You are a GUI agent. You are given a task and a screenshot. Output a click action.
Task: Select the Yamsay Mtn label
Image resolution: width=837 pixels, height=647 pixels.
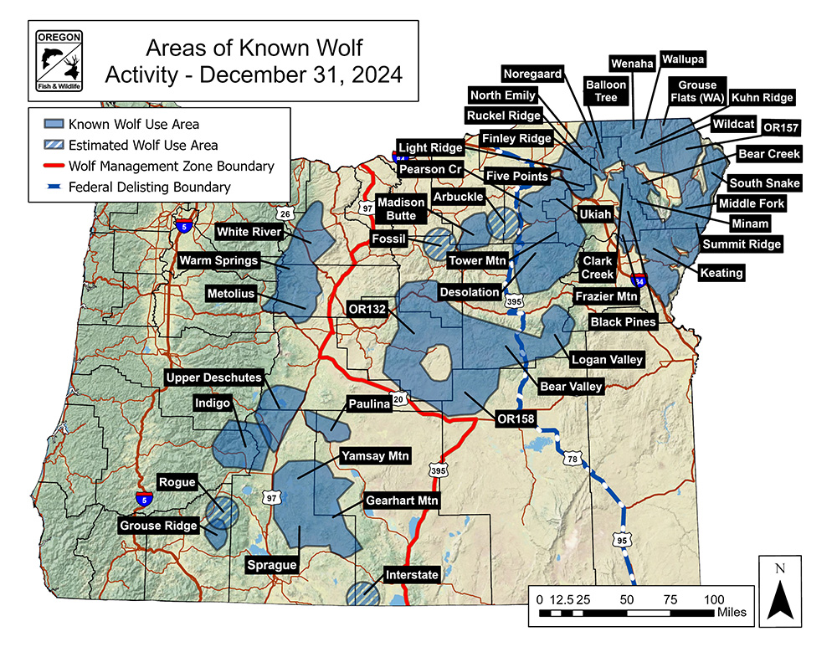375,457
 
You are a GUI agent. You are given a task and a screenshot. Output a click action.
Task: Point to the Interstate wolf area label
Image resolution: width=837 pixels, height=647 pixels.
412,575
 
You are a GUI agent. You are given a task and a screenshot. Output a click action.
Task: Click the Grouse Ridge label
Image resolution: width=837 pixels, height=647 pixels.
159,526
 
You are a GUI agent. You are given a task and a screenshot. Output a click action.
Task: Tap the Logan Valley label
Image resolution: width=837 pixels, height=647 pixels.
608,360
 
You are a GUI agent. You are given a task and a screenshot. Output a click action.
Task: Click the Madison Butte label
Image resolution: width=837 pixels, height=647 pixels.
399,209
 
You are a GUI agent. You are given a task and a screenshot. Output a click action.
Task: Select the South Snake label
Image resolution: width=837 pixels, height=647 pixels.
764,183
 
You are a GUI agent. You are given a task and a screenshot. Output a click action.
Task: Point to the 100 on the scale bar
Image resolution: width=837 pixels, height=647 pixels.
713,599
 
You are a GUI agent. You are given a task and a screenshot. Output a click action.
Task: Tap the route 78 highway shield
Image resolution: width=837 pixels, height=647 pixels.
573,459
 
